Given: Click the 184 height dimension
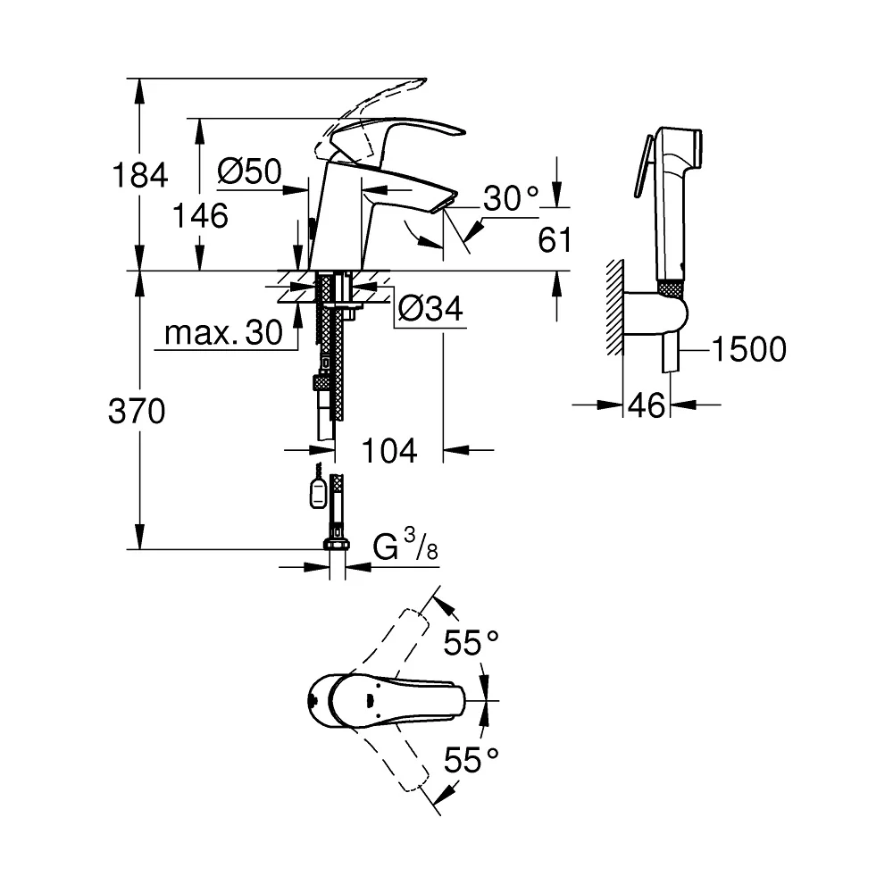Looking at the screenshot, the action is tap(140, 175).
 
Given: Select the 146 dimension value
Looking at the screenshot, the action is tap(200, 216).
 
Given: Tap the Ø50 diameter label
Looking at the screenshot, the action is tap(249, 171).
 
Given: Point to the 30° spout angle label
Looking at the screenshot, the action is tap(511, 198).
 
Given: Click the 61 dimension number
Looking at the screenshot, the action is tap(555, 239).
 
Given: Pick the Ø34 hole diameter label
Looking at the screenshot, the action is tap(430, 309).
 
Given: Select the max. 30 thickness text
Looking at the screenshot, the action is tap(223, 332).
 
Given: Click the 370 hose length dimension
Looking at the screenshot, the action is tap(137, 411).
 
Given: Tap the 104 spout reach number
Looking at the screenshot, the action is tap(389, 451).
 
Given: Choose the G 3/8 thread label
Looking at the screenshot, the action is tap(405, 545).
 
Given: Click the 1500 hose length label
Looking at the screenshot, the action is tap(749, 349).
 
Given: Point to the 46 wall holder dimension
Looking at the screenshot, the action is tap(647, 406).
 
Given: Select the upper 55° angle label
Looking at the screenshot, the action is tap(472, 643).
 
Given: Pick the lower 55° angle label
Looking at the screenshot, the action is tap(472, 759).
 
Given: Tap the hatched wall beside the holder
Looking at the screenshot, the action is tap(615, 307).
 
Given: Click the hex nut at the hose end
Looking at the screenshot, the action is tap(337, 544).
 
